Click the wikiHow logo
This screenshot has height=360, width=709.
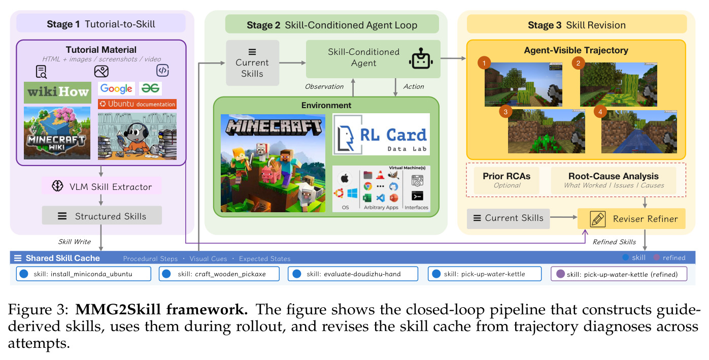click(x=58, y=92)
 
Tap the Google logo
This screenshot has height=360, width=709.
click(x=116, y=88)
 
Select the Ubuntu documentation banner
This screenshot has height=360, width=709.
click(x=137, y=104)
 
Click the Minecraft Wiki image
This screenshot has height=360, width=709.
click(x=57, y=133)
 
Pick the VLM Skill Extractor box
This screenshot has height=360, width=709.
click(x=102, y=186)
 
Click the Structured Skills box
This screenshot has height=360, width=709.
click(x=102, y=216)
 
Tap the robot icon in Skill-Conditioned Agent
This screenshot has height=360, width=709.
click(x=421, y=59)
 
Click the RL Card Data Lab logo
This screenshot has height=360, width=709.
click(x=381, y=134)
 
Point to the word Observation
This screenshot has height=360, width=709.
click(x=324, y=86)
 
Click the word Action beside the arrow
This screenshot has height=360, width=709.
click(x=414, y=86)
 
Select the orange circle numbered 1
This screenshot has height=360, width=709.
click(x=484, y=63)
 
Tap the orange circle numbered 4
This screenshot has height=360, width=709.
click(x=600, y=112)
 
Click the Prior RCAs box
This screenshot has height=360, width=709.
click(x=507, y=180)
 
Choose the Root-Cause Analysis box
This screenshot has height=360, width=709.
click(x=614, y=180)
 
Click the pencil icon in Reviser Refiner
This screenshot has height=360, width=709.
click(x=597, y=219)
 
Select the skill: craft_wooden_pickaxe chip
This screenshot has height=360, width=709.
click(x=219, y=274)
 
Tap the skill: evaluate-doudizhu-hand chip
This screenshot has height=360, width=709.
click(x=353, y=274)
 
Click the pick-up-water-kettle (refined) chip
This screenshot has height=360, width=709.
click(x=619, y=274)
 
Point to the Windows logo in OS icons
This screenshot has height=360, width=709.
click(x=352, y=193)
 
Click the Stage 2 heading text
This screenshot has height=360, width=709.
click(x=332, y=25)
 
